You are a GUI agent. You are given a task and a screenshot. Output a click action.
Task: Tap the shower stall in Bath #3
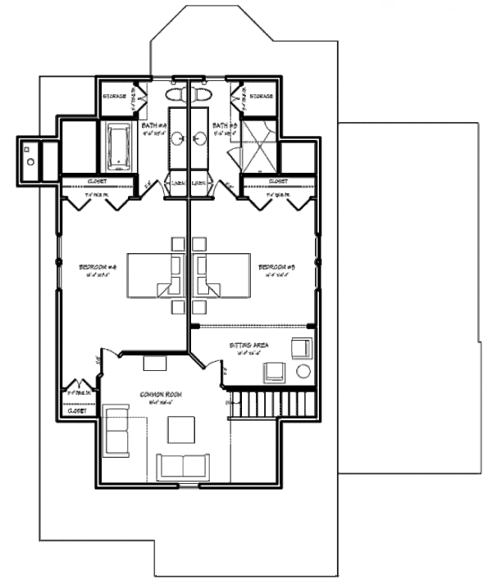point(254,147)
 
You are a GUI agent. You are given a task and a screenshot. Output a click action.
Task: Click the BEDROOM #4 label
point(99,267)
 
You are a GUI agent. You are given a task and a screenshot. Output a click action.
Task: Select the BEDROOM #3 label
point(276,267)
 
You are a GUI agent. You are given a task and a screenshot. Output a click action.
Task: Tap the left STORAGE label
point(114,97)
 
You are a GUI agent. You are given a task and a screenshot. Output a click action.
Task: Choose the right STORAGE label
point(261,97)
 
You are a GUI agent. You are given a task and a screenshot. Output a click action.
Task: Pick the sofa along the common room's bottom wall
point(183,466)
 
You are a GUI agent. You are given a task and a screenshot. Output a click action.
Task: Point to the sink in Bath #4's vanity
point(180,136)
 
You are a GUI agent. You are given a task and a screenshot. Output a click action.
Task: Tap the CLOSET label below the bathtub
point(97,181)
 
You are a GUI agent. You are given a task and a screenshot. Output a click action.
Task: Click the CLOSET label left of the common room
point(77,411)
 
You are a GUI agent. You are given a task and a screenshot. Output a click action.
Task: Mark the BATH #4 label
point(155,125)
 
